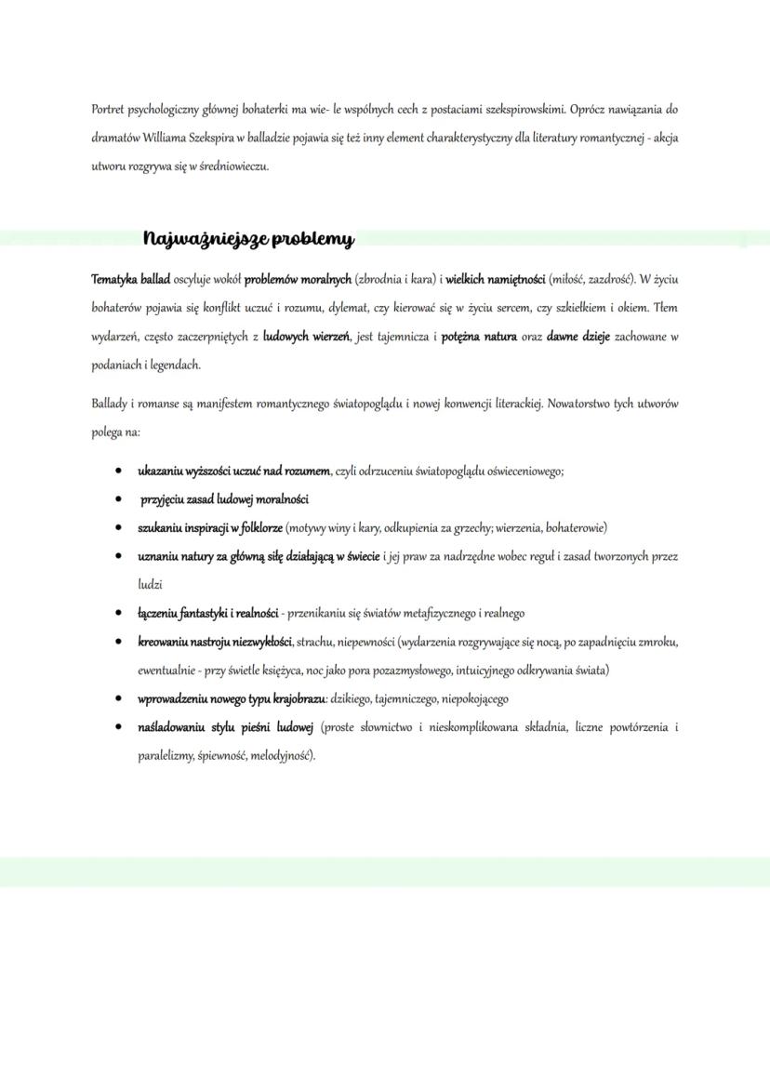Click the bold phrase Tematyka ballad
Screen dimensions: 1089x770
click(x=130, y=279)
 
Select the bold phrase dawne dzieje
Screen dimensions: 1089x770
click(x=578, y=337)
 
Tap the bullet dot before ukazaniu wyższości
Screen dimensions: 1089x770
click(x=119, y=471)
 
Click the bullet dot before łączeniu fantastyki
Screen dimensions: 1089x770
click(x=119, y=614)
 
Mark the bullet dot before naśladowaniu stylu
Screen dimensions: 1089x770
click(x=119, y=727)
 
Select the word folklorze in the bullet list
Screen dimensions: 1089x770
click(x=257, y=528)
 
